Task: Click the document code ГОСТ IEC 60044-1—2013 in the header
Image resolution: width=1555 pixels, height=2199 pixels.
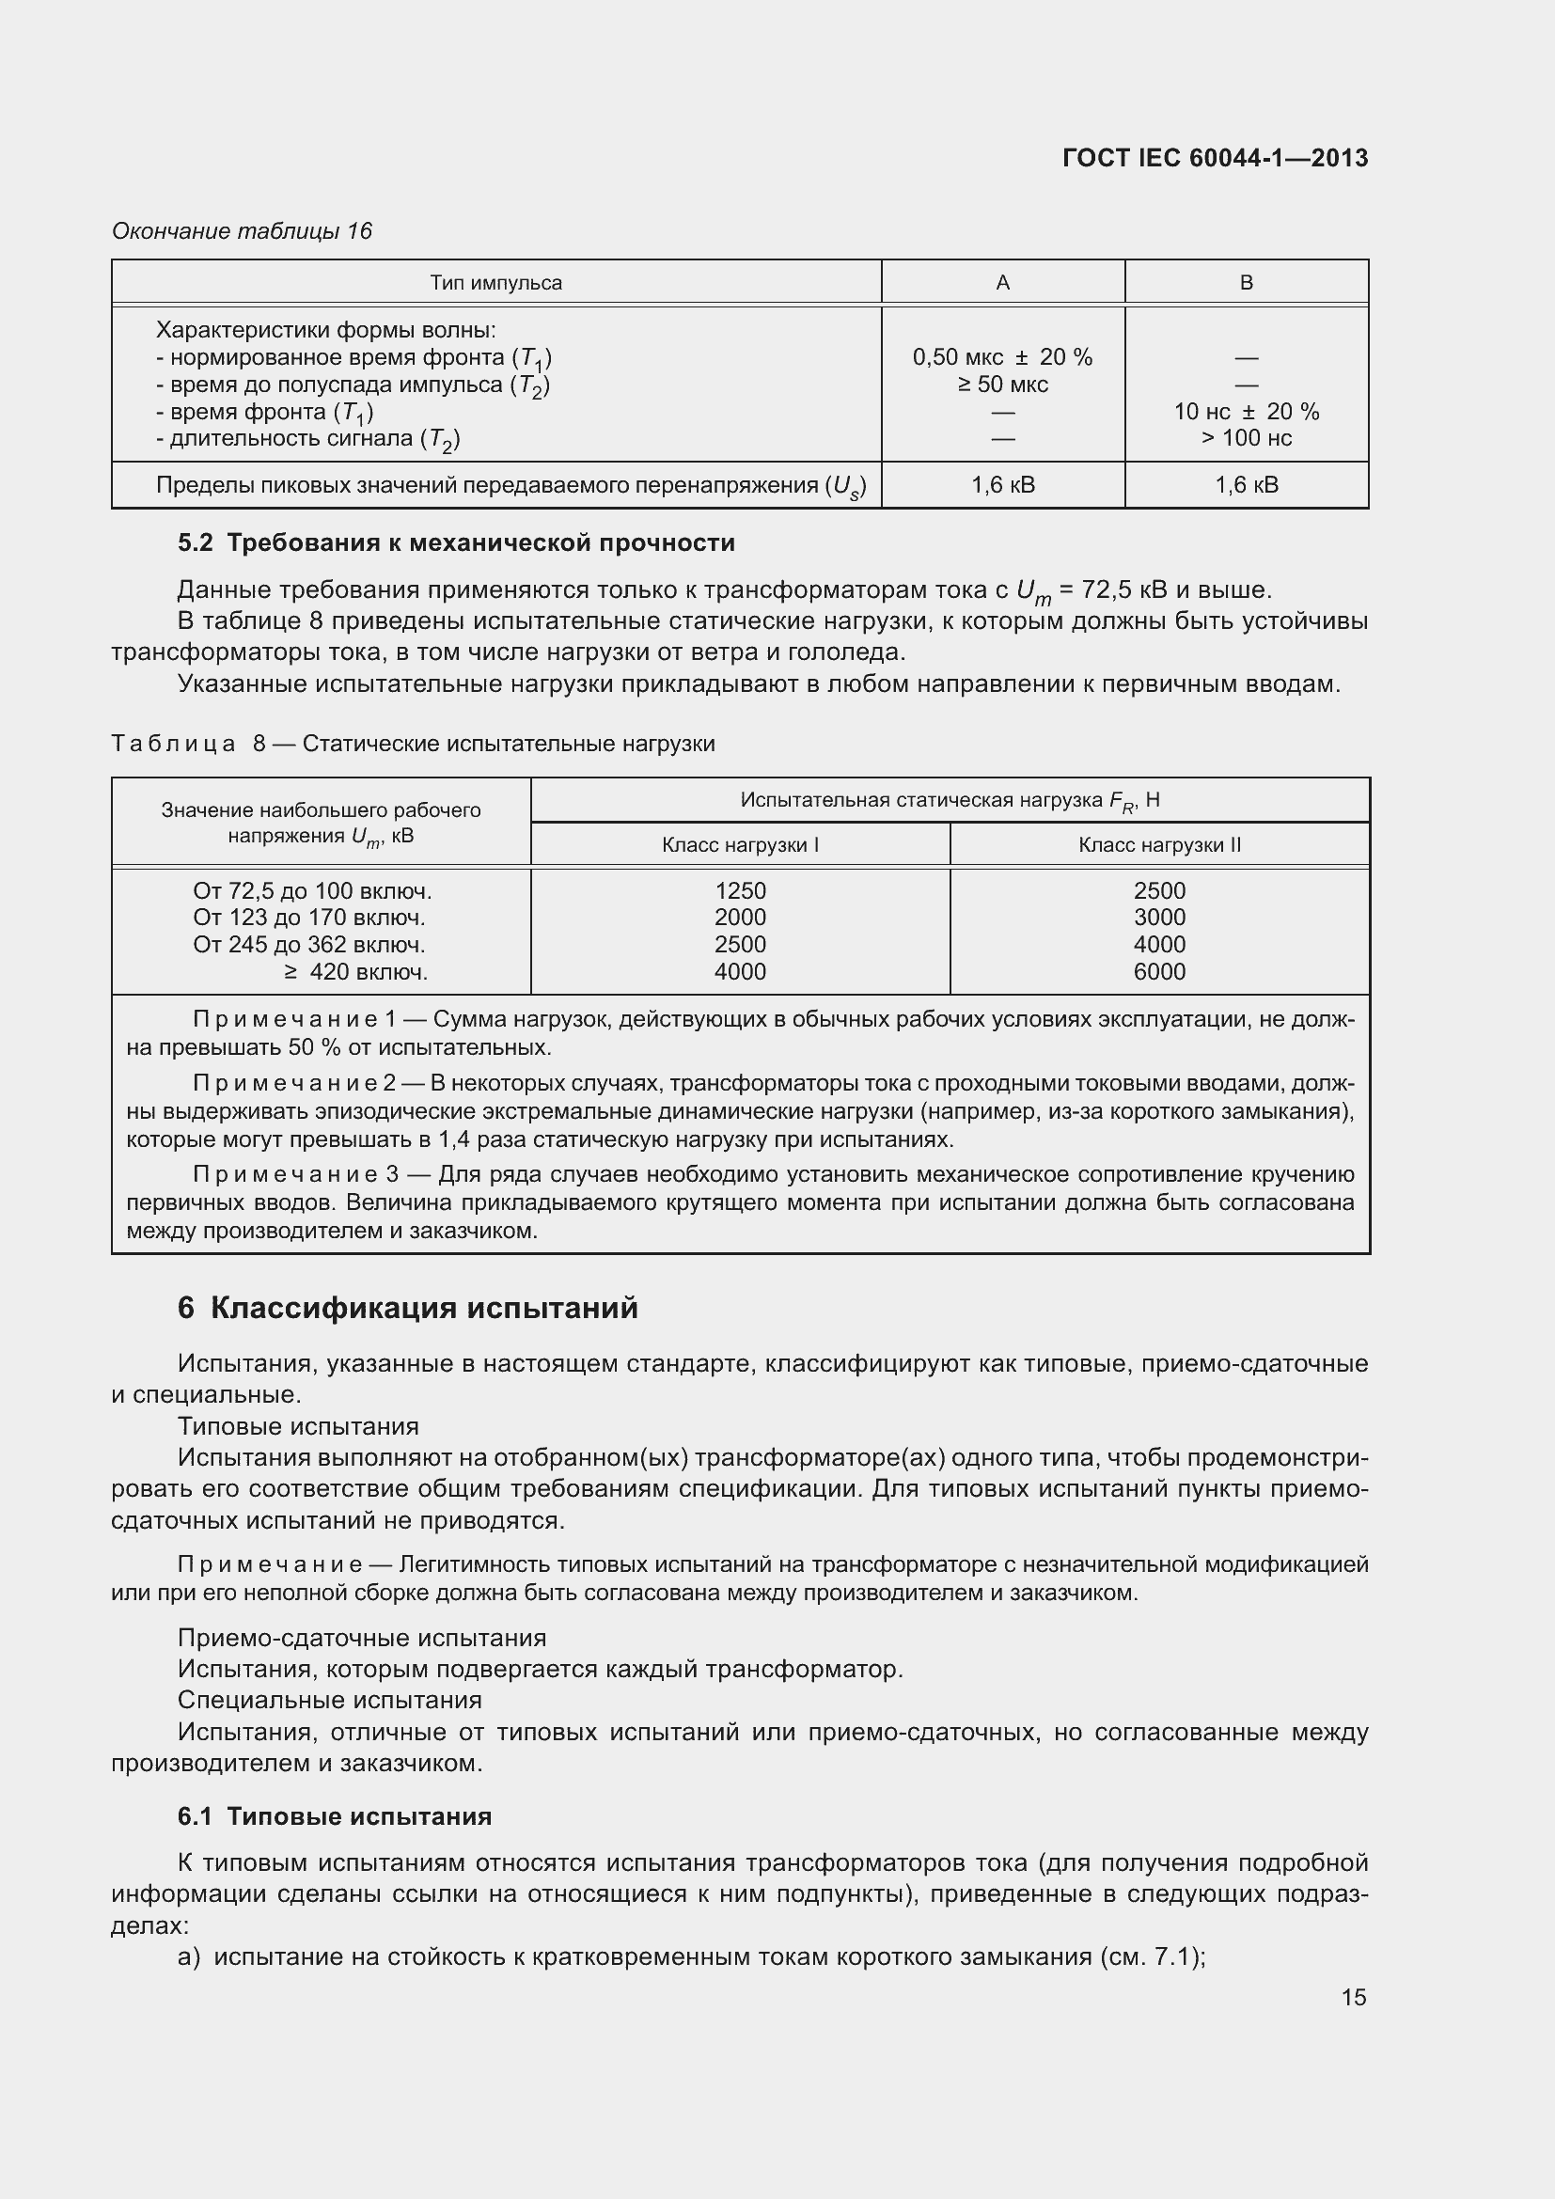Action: pyautogui.click(x=1214, y=158)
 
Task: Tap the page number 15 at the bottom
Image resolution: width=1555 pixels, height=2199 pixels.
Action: pyautogui.click(x=1353, y=1997)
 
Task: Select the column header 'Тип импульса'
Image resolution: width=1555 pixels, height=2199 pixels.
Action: pyautogui.click(x=495, y=283)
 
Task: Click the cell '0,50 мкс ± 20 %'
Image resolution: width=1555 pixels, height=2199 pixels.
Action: pyautogui.click(x=1001, y=357)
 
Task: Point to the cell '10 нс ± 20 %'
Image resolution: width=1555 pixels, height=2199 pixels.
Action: pyautogui.click(x=1246, y=412)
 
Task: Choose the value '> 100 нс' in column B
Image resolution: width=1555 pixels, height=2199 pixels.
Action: pyautogui.click(x=1246, y=439)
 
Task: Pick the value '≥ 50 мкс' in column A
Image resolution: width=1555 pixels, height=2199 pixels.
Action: pyautogui.click(x=1001, y=385)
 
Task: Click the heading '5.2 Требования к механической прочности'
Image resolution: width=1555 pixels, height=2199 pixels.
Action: pyautogui.click(x=456, y=543)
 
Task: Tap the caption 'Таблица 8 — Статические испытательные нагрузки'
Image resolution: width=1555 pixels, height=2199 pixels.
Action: pyautogui.click(x=413, y=745)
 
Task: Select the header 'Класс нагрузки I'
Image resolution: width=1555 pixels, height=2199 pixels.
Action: pyautogui.click(x=739, y=845)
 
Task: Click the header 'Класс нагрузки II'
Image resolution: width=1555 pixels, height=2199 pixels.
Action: pyautogui.click(x=1158, y=845)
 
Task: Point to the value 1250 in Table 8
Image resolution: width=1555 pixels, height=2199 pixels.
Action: pyautogui.click(x=739, y=890)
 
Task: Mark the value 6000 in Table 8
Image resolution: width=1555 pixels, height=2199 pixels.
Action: pyautogui.click(x=1158, y=972)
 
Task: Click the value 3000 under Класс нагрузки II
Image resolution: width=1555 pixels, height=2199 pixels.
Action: pyautogui.click(x=1158, y=918)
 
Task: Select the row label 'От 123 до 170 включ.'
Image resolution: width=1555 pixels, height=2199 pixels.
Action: pyautogui.click(x=309, y=918)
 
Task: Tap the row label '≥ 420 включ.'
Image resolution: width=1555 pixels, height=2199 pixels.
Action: pyautogui.click(x=355, y=972)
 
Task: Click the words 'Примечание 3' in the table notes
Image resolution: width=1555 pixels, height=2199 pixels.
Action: pyautogui.click(x=295, y=1175)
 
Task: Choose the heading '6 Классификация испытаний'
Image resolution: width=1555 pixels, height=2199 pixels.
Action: pyautogui.click(x=407, y=1309)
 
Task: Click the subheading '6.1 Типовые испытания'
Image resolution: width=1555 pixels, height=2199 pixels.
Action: pyautogui.click(x=334, y=1817)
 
